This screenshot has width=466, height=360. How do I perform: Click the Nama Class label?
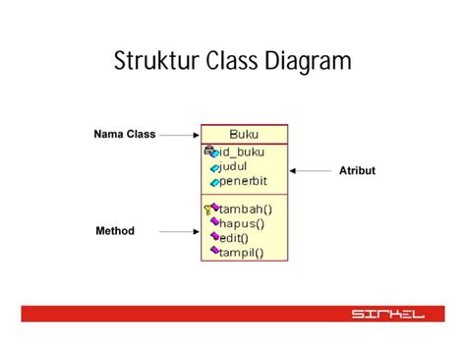coord(125,135)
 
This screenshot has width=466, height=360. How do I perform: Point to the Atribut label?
coord(357,171)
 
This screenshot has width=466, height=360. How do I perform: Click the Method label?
coord(115,231)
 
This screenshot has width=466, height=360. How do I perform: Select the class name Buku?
coord(245,135)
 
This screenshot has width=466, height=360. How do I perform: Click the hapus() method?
coord(241,223)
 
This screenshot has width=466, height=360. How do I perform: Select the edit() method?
coord(233,237)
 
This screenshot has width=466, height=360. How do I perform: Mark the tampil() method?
coord(241,252)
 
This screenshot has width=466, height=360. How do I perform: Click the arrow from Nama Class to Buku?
coord(179,135)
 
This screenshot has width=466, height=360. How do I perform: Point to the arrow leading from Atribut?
coord(311,171)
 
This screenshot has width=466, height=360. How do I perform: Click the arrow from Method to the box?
coord(179,232)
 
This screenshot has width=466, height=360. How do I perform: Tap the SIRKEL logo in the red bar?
coord(387,314)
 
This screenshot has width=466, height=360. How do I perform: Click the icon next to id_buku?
coord(209,152)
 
